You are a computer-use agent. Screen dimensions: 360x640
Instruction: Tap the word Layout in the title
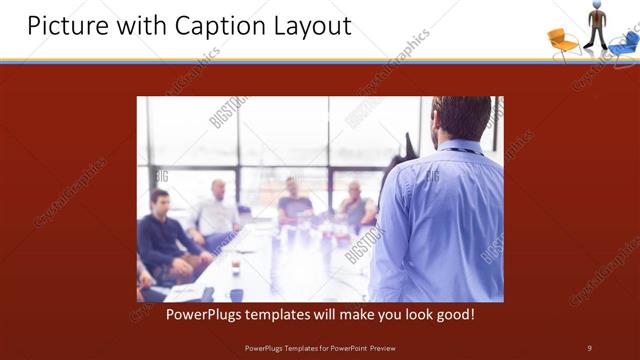[x=313, y=25]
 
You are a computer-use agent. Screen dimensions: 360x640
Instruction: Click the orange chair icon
[x=562, y=41]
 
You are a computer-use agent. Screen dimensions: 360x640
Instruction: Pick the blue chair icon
[x=624, y=43]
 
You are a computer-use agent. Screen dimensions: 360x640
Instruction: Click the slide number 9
[x=589, y=347]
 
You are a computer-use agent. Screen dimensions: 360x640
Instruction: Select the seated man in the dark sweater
[x=160, y=240]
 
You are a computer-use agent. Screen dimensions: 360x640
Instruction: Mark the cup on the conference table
[x=236, y=269]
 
